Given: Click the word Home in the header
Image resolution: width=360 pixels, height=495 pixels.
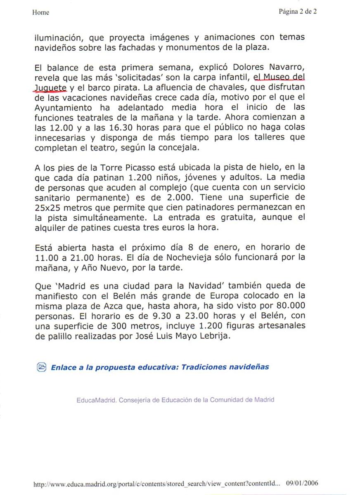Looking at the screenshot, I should click(40, 12).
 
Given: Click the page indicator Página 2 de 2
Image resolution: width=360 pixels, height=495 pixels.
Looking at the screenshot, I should click(298, 12).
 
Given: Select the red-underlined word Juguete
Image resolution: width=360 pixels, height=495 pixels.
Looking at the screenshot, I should click(50, 87).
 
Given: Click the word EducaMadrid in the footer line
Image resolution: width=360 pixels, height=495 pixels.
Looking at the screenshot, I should click(95, 400).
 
